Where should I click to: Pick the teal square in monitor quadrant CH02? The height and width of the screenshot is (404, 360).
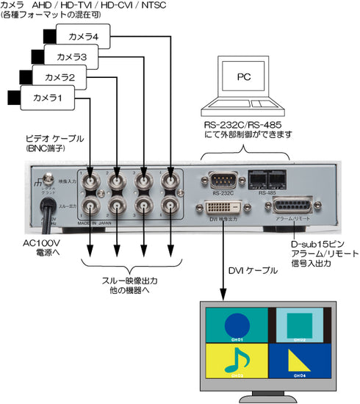pyautogui.click(x=299, y=323)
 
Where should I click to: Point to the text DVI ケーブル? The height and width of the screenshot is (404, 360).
pyautogui.click(x=253, y=271)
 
